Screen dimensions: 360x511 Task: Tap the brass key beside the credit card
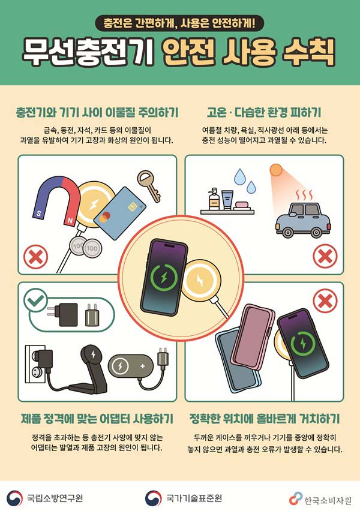point(149,185)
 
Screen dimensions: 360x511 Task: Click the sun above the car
point(276,170)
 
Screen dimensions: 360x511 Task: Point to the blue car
point(302,220)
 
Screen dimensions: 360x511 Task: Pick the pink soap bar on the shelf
point(242,205)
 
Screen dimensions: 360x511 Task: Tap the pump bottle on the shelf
point(214,199)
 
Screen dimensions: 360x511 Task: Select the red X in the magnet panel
point(35,257)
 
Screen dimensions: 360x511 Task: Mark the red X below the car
point(325,257)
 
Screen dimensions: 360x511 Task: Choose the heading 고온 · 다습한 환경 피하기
point(264,112)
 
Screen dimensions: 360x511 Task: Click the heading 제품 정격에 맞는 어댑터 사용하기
point(97,419)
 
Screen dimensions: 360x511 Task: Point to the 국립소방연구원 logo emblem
point(15,498)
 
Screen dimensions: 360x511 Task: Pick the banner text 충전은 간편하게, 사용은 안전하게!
point(179,23)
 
